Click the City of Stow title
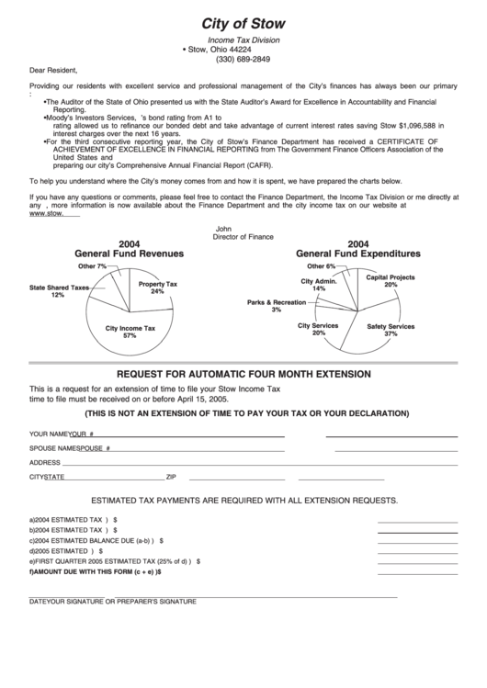pos(243,23)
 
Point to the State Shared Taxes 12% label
pos(59,291)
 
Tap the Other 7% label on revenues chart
pos(92,266)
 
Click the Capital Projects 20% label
pos(391,280)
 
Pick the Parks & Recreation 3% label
pos(277,306)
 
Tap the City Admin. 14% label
pos(319,285)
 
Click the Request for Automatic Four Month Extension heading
pos(243,375)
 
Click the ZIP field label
pos(171,478)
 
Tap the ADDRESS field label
pos(45,463)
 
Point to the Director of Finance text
pos(243,236)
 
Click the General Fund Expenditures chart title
pos(358,248)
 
